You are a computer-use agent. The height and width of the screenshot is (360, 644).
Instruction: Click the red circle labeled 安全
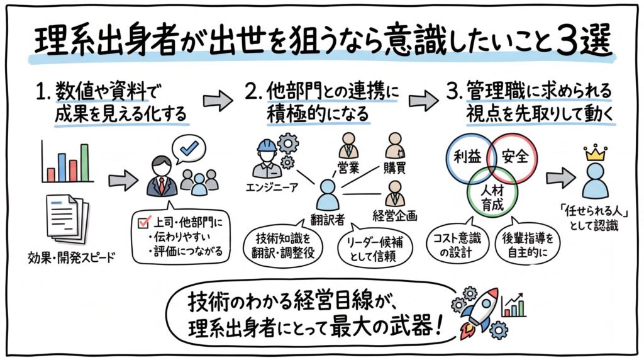click(515, 157)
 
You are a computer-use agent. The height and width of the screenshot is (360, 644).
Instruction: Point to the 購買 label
click(395, 169)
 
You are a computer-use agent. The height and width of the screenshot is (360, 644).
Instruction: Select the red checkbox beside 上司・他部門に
click(142, 221)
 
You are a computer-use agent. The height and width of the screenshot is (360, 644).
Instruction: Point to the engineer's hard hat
click(264, 147)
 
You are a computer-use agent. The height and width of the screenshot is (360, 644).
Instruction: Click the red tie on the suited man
click(162, 184)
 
